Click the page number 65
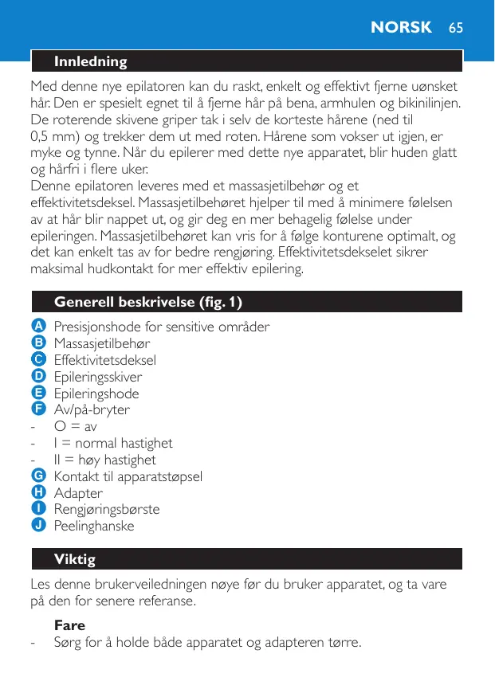(x=455, y=27)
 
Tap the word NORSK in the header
(x=401, y=27)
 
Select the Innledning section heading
(x=90, y=61)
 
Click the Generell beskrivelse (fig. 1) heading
(x=147, y=302)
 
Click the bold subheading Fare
(x=69, y=625)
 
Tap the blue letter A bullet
(x=37, y=326)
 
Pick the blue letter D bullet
(x=37, y=376)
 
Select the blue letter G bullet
(x=37, y=476)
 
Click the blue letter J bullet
(x=37, y=526)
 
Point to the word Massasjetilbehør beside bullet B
(x=102, y=343)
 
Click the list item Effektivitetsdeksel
(x=105, y=360)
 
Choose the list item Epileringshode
(x=96, y=394)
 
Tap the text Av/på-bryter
(x=92, y=410)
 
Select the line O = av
(x=76, y=426)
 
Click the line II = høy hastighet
(x=104, y=460)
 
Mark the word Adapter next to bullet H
(x=78, y=493)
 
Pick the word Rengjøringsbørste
(x=107, y=510)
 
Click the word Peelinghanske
(x=94, y=527)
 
